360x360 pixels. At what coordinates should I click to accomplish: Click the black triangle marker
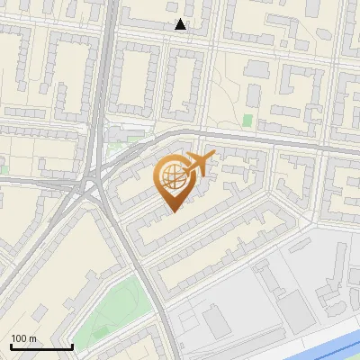(181, 25)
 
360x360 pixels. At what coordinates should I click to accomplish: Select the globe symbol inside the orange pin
(171, 177)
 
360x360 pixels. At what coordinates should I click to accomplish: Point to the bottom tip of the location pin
(171, 213)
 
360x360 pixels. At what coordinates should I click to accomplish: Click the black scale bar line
(40, 347)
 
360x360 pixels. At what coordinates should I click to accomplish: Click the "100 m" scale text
(24, 338)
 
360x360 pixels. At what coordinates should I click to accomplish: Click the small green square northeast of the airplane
(247, 120)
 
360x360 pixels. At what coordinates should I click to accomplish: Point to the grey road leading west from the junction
(36, 180)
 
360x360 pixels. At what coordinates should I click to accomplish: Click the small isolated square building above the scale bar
(38, 311)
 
